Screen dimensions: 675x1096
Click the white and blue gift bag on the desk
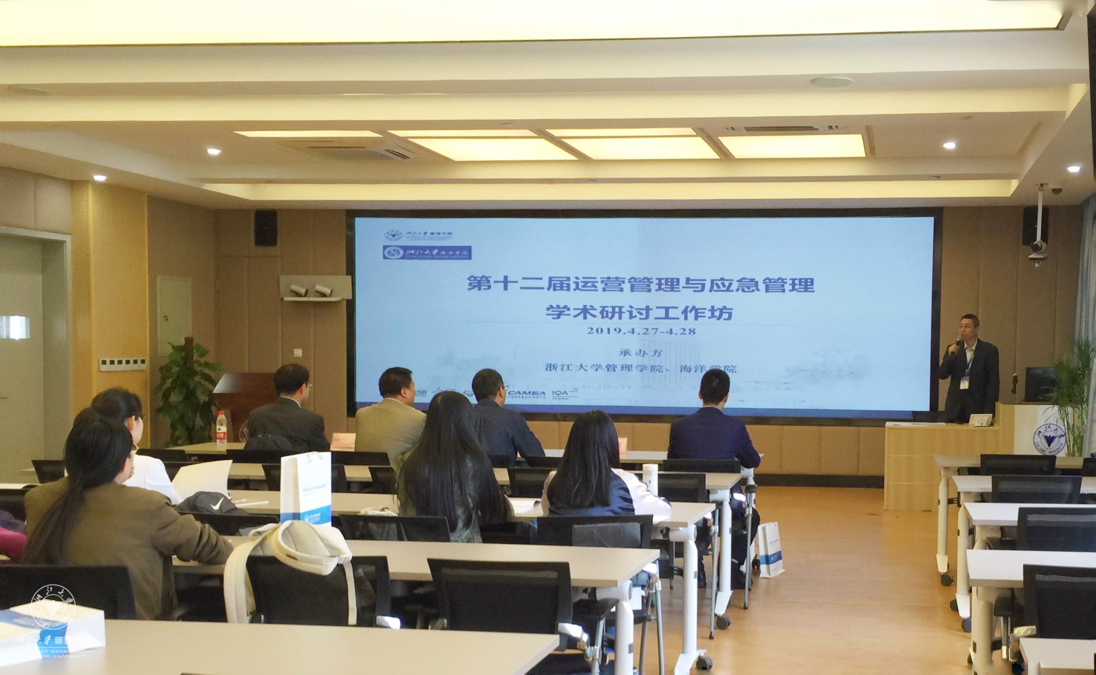coord(305,487)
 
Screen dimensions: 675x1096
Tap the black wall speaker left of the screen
coord(265,228)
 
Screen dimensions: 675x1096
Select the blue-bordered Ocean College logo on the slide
coord(427,252)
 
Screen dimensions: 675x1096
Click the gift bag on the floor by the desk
coord(770,549)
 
